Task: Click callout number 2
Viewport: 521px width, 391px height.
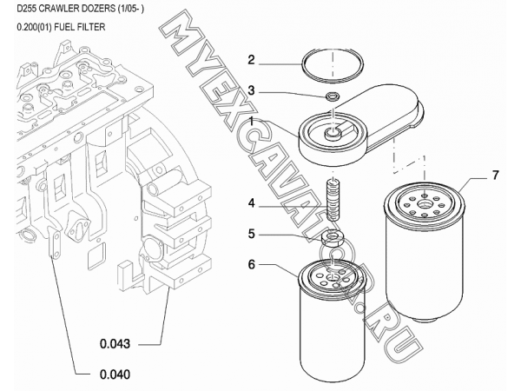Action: [251, 61]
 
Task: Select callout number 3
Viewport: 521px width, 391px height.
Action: [251, 90]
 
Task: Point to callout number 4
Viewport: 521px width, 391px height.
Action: [251, 205]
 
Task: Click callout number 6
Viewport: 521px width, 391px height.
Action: [251, 263]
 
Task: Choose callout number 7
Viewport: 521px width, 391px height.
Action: [495, 176]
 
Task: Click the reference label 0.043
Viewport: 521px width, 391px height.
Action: [115, 343]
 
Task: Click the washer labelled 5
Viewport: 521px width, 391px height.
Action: [330, 236]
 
